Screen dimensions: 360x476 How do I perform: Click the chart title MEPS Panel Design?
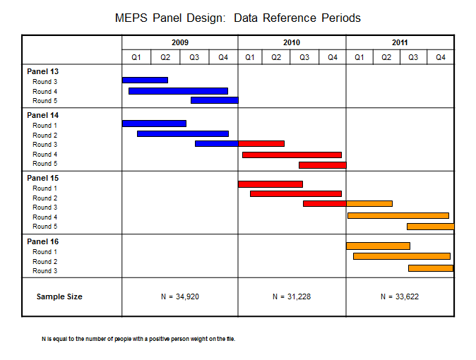(x=237, y=17)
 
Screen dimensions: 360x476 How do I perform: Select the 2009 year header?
(x=180, y=42)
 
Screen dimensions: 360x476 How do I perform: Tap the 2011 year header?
(x=400, y=42)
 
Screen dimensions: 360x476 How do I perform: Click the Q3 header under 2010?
(x=304, y=57)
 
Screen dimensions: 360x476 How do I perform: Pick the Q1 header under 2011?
(x=359, y=57)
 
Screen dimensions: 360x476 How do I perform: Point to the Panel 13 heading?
(x=42, y=71)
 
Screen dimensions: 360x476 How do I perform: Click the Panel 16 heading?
(x=42, y=241)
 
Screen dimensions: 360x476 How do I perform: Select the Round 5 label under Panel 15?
(x=45, y=227)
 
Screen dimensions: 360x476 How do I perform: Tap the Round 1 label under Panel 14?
(x=45, y=125)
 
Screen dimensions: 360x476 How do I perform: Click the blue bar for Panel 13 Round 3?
(x=145, y=80)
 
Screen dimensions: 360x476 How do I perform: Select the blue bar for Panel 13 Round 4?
(x=178, y=90)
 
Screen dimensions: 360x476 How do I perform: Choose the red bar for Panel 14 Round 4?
(x=292, y=155)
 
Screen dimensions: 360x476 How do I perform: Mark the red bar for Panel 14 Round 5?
(x=322, y=164)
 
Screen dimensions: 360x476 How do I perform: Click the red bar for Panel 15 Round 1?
(x=270, y=184)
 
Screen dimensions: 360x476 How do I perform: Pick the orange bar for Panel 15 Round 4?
(x=398, y=215)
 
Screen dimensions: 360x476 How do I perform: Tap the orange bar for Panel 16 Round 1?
(x=378, y=246)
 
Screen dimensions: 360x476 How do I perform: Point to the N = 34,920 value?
(x=180, y=296)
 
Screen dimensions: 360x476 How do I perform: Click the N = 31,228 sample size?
(x=292, y=296)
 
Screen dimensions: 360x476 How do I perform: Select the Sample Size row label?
(x=59, y=296)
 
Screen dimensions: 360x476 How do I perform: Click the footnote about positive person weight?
(x=138, y=340)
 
